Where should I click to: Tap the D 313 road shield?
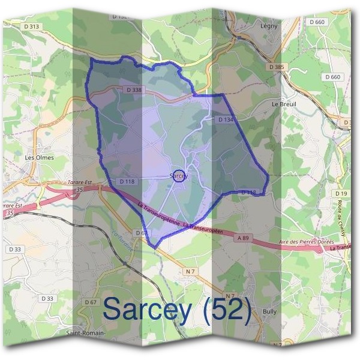click(33, 26)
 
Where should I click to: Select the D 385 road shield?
click(277, 67)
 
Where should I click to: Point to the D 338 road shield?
click(134, 90)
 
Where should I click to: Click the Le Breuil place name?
click(284, 104)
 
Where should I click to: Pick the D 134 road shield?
click(225, 120)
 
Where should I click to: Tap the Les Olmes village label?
click(40, 158)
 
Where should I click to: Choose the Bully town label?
click(270, 312)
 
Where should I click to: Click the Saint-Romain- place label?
click(85, 333)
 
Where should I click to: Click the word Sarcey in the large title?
click(148, 308)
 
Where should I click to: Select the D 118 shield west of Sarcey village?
click(127, 181)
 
